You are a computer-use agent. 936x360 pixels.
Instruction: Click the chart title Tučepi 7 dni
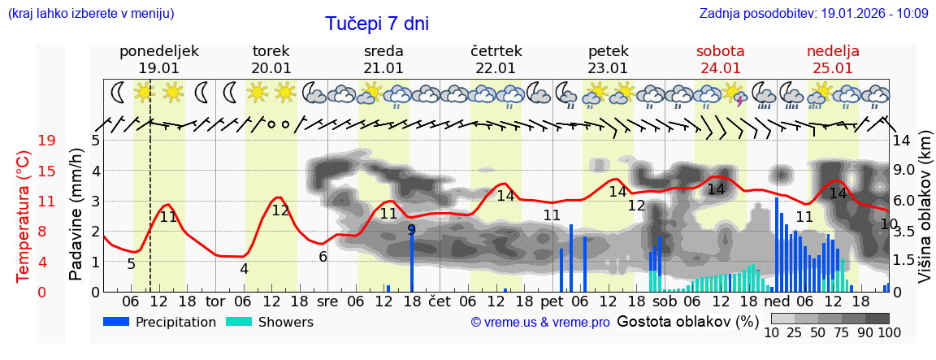point(377,24)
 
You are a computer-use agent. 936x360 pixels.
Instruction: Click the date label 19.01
point(158,68)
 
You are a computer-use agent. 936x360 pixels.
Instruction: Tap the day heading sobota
point(720,51)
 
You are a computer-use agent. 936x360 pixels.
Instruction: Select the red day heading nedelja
point(833,51)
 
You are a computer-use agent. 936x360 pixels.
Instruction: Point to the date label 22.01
point(496,68)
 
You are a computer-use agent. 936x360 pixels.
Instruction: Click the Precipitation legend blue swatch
point(116,322)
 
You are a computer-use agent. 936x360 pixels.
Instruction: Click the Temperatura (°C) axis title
point(24,215)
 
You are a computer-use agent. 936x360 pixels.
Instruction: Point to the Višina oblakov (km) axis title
point(925,215)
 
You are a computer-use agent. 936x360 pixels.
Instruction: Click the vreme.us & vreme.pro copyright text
point(540,323)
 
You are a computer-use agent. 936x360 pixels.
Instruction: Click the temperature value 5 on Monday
point(131,264)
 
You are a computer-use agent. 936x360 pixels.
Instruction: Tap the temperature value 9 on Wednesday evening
point(411,230)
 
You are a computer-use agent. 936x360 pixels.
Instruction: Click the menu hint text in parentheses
point(90,13)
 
